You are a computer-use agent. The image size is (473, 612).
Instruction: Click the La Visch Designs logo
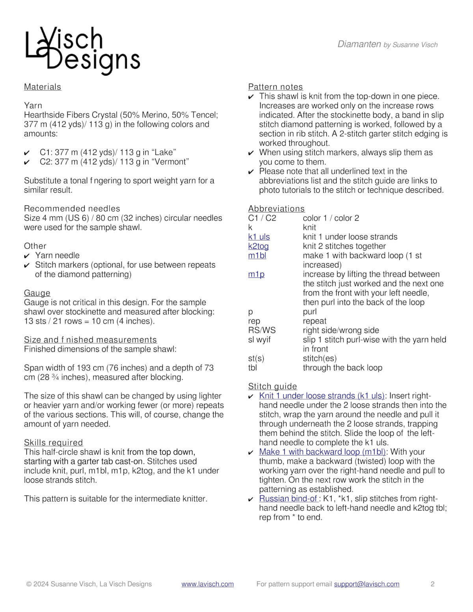click(82, 50)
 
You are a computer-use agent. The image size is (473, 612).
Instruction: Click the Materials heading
click(43, 87)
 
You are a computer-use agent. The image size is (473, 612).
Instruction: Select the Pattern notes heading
click(276, 87)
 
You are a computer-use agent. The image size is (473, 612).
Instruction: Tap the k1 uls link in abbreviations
click(259, 237)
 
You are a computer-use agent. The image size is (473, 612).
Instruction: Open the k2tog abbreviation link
click(258, 246)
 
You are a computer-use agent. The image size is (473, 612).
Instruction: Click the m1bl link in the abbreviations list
click(257, 256)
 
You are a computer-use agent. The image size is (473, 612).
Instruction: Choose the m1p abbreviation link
click(256, 274)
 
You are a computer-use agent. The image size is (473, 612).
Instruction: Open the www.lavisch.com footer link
click(207, 584)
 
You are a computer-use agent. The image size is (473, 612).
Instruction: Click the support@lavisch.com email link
click(367, 584)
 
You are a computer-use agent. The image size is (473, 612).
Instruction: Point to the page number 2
click(432, 584)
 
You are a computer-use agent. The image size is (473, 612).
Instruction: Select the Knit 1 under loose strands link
click(322, 396)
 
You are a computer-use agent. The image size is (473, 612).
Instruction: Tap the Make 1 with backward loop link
click(322, 452)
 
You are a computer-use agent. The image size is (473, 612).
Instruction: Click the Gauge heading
click(37, 293)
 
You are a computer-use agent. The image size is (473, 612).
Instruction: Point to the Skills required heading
click(53, 443)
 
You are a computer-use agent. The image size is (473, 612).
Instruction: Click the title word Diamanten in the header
click(359, 44)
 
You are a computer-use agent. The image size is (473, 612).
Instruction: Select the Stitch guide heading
click(272, 386)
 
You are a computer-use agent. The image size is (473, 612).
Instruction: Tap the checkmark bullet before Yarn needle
click(27, 256)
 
